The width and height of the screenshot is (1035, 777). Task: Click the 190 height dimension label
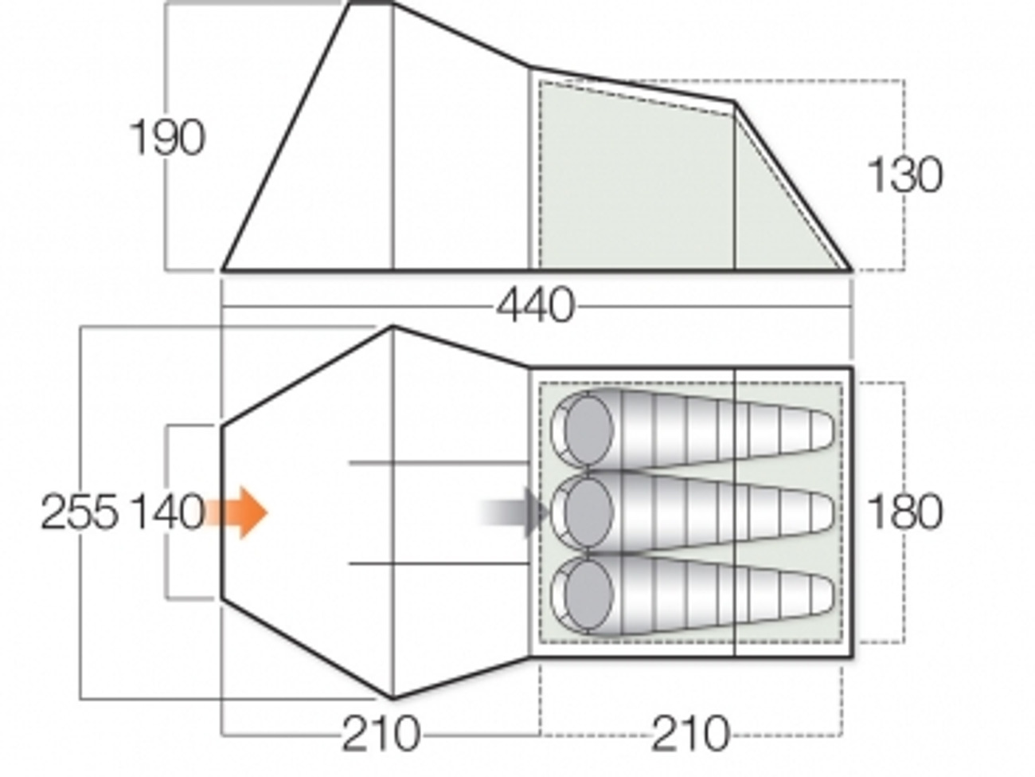167,138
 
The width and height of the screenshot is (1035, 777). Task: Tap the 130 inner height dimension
904,175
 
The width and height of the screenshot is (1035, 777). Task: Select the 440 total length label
534,306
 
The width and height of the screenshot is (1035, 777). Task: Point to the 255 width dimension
79,512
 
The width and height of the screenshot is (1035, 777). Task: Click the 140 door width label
167,512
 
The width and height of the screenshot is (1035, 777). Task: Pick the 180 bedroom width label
904,512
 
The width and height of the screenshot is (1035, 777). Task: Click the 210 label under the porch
380,733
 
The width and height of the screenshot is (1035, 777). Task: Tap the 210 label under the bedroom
689,733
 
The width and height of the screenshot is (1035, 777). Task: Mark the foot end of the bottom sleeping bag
820,595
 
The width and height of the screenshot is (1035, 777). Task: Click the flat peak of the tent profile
372,4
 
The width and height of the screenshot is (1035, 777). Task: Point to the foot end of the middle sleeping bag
820,512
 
